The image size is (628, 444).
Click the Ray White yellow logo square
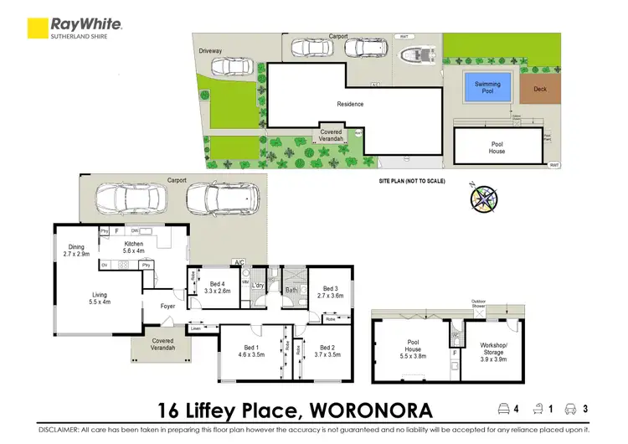(38, 28)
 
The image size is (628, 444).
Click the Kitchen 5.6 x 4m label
(134, 246)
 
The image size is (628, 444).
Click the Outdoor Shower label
(478, 305)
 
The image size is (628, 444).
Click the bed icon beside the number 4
(503, 409)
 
